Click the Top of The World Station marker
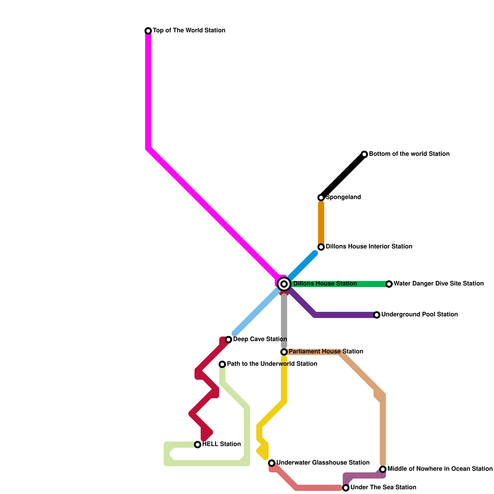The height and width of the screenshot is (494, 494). coord(148,31)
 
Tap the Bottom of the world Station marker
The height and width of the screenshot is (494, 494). coord(364,154)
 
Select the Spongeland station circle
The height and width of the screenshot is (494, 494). coord(321,198)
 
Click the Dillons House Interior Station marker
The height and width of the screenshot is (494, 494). coord(321,247)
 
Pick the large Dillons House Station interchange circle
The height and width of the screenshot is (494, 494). coord(284,284)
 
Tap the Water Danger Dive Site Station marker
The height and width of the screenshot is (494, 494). coord(389,284)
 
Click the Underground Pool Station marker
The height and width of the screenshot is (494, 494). coord(377,315)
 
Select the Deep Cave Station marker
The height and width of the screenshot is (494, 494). coord(228,340)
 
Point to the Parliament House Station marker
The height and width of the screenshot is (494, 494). coord(284,352)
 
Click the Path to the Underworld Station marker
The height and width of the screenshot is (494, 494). coord(222,364)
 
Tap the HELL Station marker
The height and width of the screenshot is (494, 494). coord(198,445)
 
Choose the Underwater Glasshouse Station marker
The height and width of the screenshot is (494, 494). coord(272,463)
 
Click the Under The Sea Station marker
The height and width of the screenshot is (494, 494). coord(346,488)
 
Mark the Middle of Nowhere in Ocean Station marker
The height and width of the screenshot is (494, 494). coord(383,469)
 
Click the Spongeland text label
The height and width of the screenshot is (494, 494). coord(343,197)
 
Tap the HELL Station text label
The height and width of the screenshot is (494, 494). coord(221,444)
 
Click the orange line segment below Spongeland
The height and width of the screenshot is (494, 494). coord(321,222)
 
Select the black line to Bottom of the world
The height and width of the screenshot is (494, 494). coord(343,176)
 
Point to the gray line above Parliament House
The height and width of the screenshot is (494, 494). coord(284,321)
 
